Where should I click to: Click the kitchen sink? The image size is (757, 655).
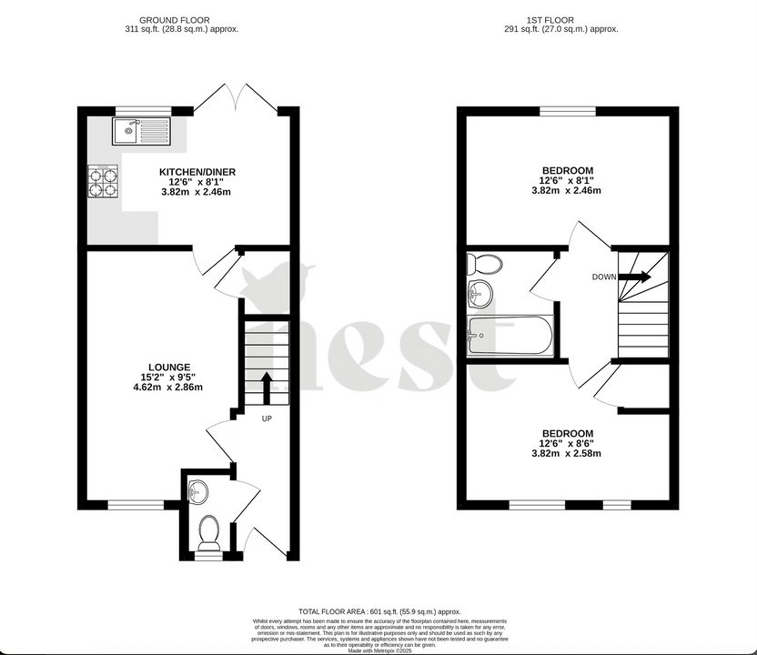141,132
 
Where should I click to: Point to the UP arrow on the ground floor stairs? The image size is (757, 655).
267,387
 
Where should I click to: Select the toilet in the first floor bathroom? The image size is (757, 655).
483,265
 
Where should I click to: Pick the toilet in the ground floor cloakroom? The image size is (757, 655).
209,531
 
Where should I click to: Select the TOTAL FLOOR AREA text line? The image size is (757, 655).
380,611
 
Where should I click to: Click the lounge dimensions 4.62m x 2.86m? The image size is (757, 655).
167,388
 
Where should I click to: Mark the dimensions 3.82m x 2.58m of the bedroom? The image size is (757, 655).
568,453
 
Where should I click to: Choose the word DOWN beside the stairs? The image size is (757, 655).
603,277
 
